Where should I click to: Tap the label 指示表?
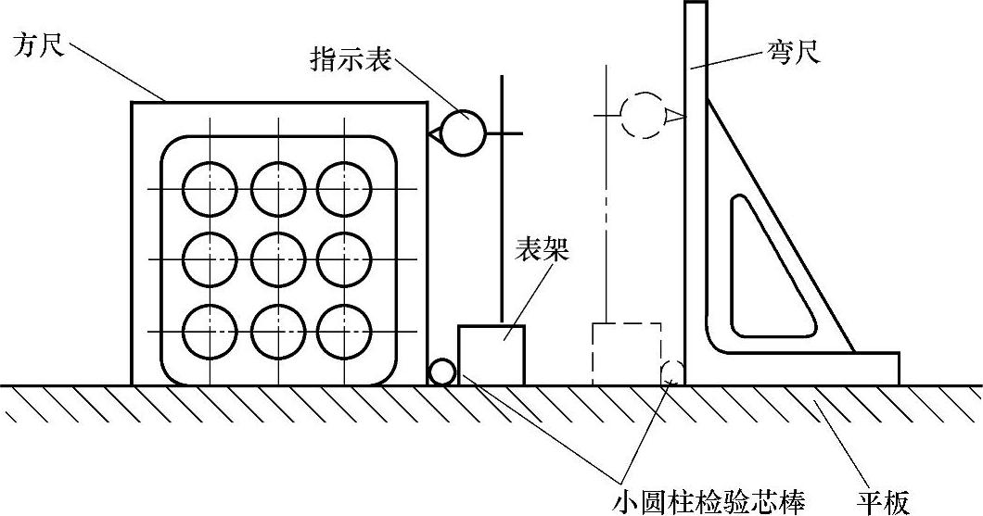pos(350,63)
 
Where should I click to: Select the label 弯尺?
pos(793,52)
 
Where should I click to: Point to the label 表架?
pos(543,249)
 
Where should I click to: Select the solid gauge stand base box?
pos(491,355)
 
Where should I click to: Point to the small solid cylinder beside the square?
pos(442,372)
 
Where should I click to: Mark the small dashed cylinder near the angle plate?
pos(671,372)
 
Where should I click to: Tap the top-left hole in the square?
pos(209,189)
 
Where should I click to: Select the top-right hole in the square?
pos(344,189)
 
